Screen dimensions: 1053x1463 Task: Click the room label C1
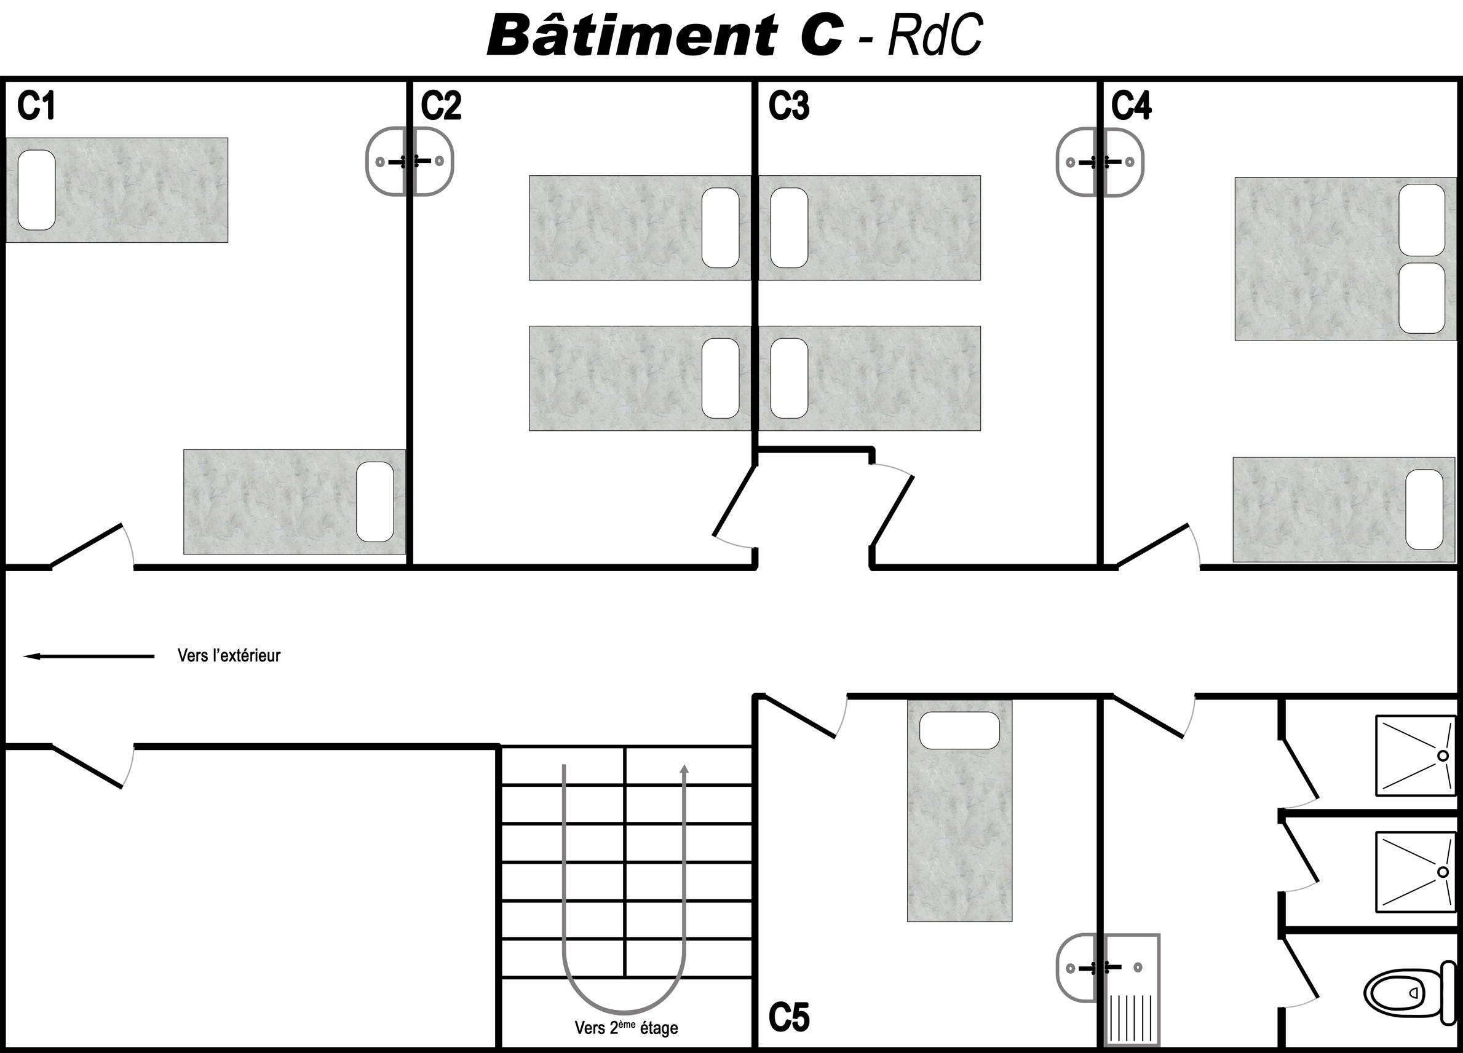[x=36, y=106]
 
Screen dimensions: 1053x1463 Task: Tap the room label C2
[x=441, y=106]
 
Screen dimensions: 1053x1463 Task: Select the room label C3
[x=788, y=106]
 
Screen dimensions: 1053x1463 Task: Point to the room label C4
[x=1131, y=106]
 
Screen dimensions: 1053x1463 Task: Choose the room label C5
[x=788, y=1017]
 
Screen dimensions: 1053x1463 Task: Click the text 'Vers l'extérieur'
[x=229, y=656]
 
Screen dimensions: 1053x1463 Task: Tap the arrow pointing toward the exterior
[x=89, y=657]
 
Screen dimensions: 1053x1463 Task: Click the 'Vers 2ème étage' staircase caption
[x=625, y=1027]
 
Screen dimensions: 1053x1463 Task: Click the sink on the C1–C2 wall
[x=410, y=161]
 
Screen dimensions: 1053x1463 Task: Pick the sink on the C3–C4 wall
[x=1100, y=162]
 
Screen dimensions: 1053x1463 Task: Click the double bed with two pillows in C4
[x=1345, y=259]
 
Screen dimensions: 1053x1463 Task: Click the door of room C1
[x=87, y=545]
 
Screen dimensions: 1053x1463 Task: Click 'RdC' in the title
[x=935, y=35]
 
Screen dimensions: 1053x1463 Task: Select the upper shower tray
[x=1416, y=755]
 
